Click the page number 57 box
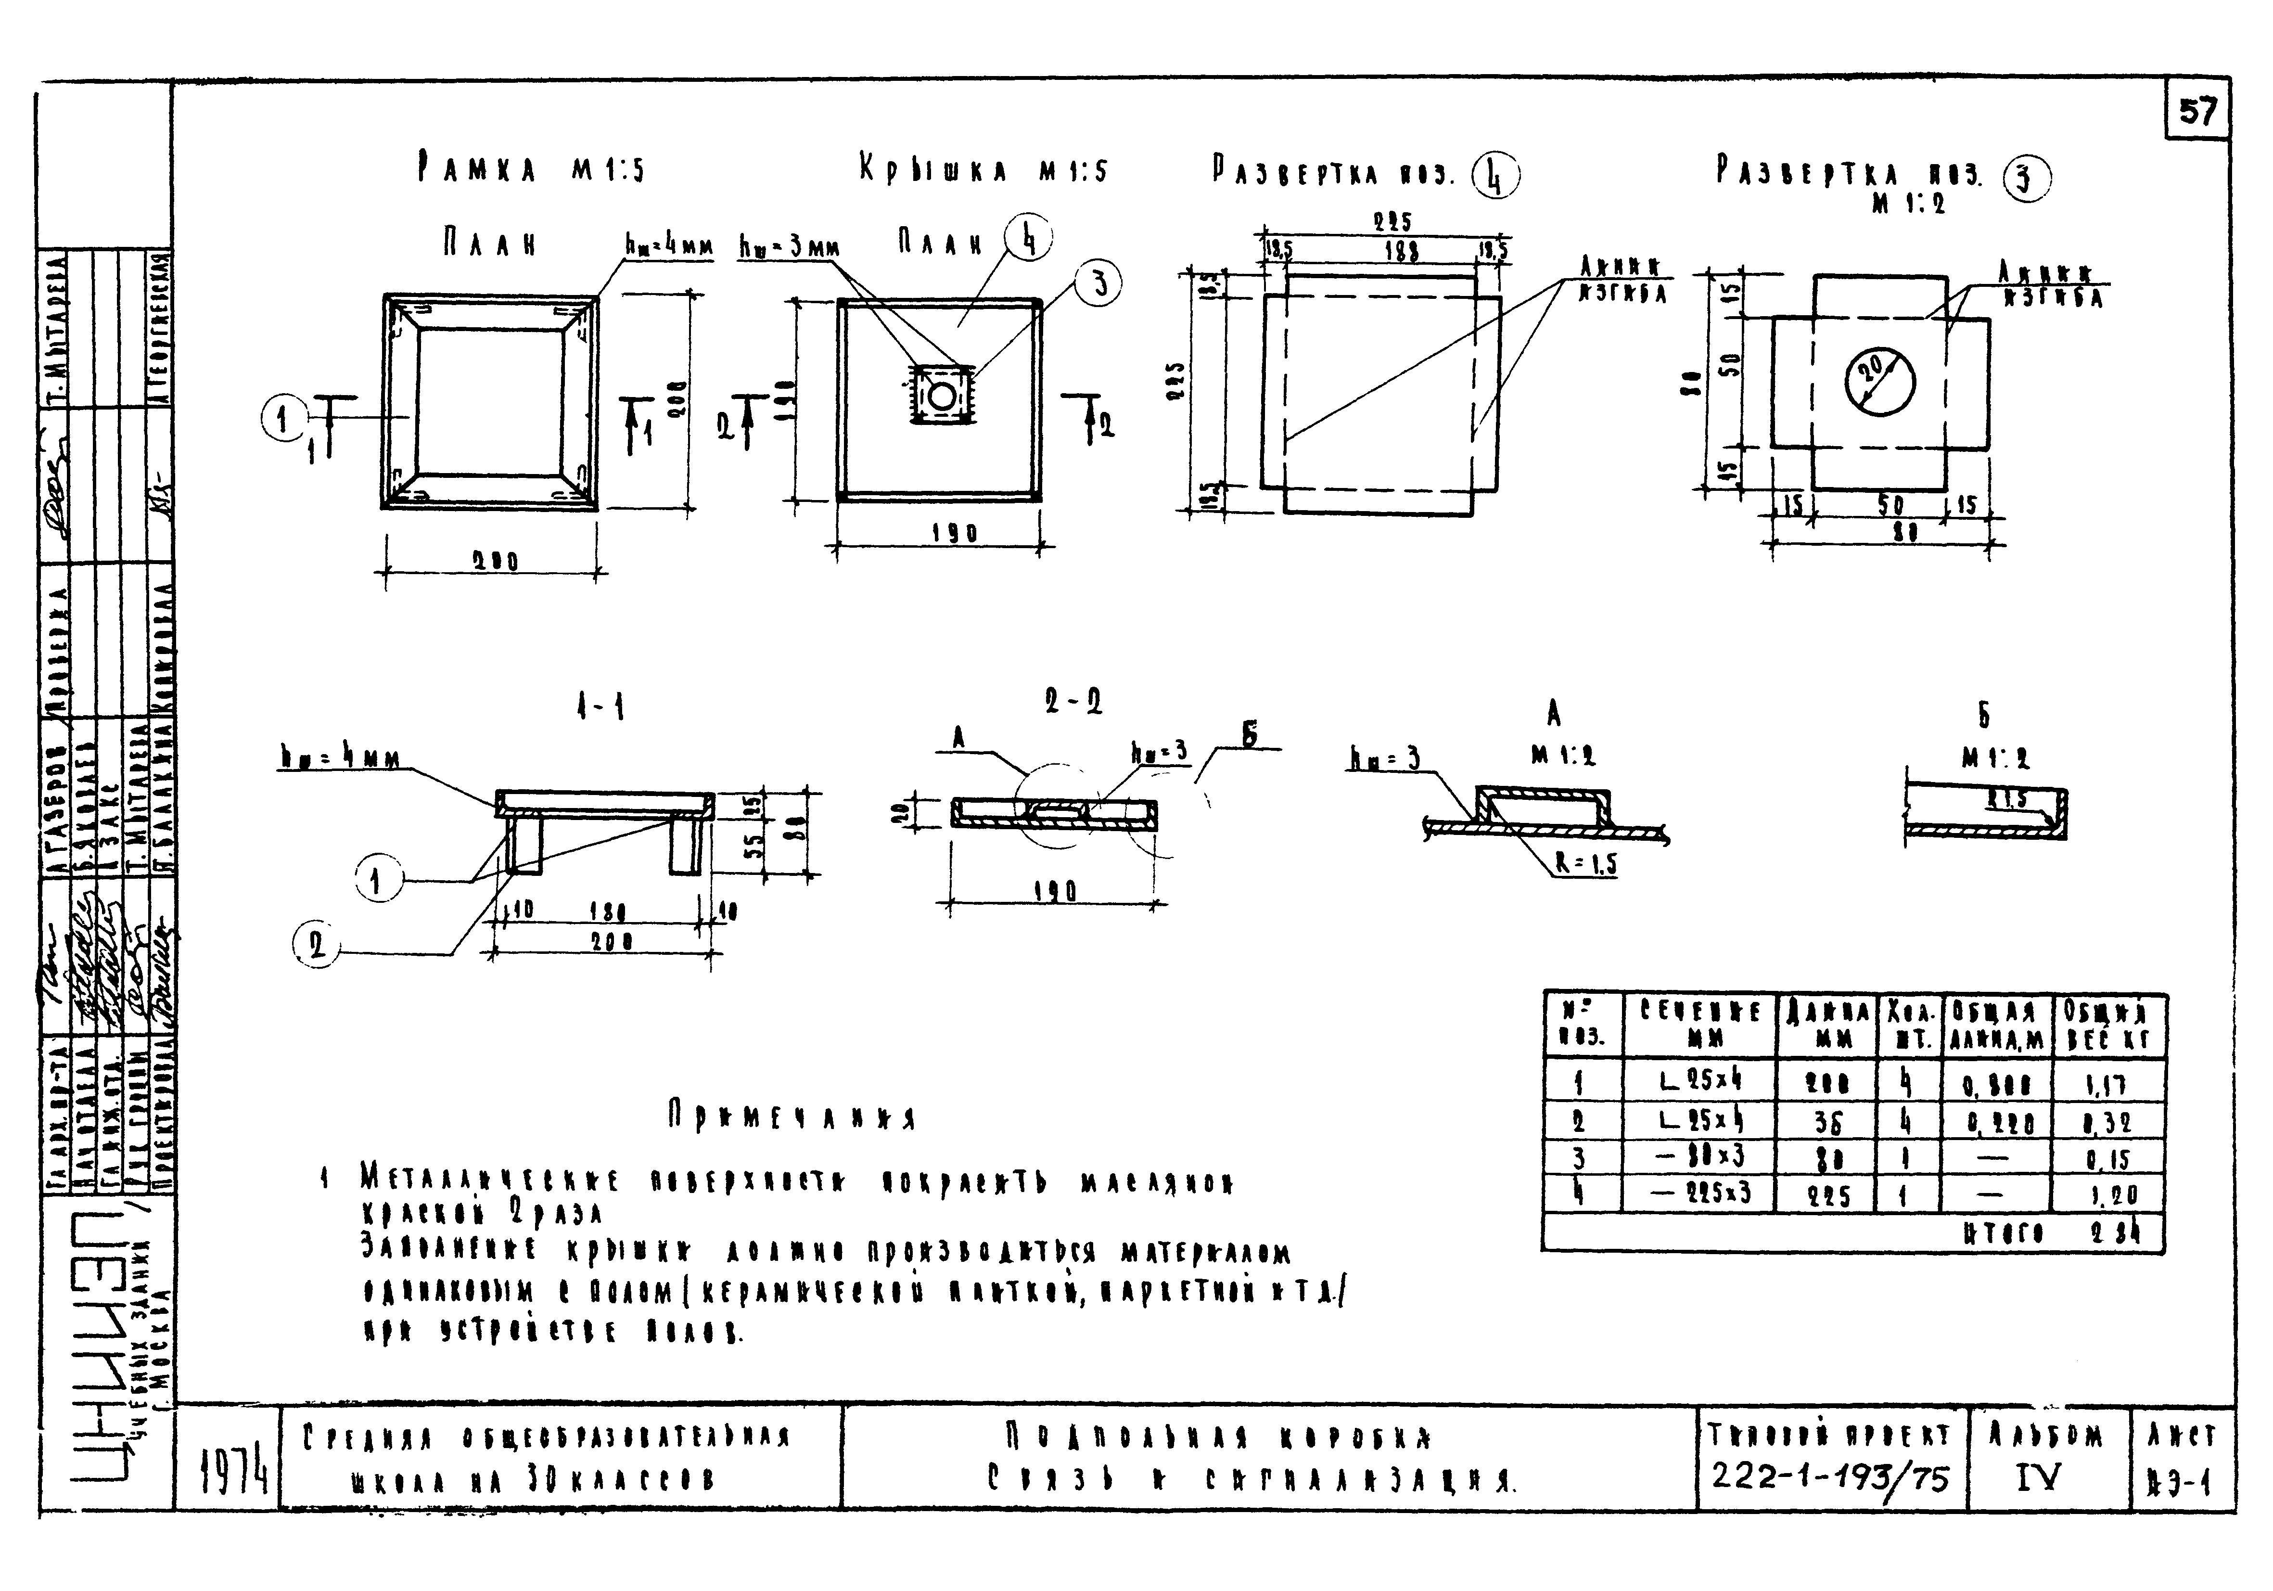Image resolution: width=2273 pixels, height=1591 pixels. click(2197, 111)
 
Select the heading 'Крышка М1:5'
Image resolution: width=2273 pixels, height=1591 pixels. click(983, 170)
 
